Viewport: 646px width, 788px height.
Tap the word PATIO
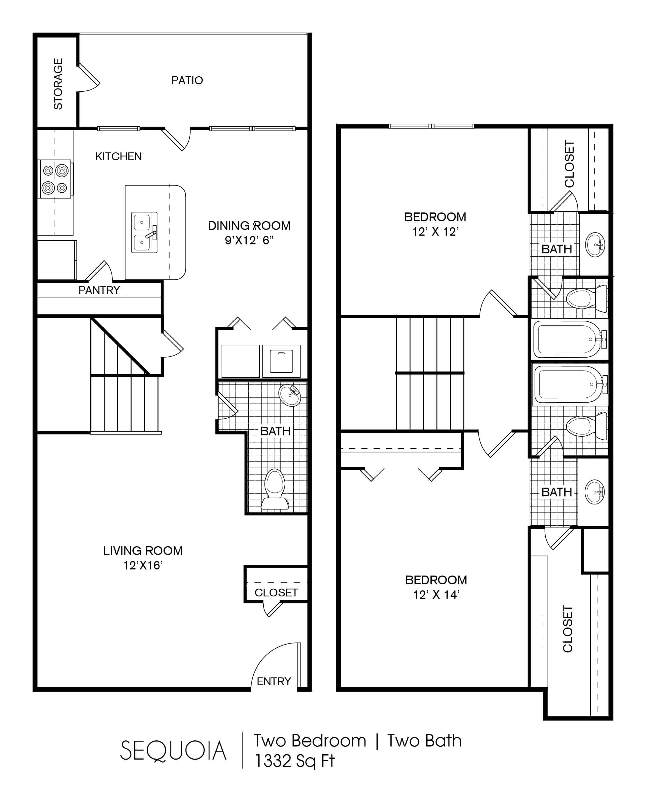point(187,80)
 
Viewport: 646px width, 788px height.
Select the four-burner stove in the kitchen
point(55,179)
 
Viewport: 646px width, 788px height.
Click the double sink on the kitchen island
point(144,232)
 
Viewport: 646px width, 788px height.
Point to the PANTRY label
point(99,290)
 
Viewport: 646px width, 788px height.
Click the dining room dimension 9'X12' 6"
point(249,240)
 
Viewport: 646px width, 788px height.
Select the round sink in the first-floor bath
point(290,395)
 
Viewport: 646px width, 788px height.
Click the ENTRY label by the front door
point(274,681)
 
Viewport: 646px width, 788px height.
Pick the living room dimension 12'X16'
point(143,565)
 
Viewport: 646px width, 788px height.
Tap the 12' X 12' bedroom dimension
point(435,232)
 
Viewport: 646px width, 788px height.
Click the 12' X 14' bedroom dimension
point(436,595)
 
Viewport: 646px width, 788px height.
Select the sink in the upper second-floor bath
point(595,245)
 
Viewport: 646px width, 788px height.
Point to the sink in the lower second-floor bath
point(594,492)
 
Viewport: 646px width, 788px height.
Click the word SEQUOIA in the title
point(173,751)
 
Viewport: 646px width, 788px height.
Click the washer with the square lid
point(281,361)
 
